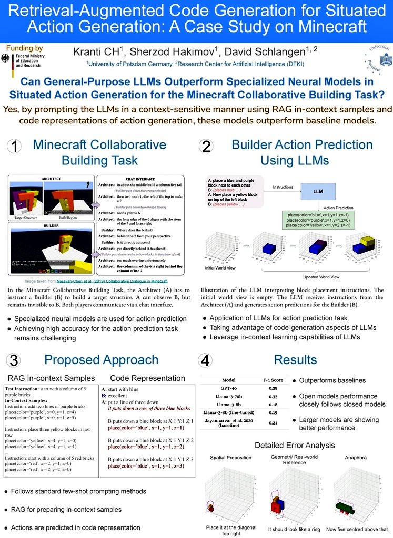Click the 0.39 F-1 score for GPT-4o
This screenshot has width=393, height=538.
(x=274, y=388)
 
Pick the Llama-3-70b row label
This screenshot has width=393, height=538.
(x=229, y=397)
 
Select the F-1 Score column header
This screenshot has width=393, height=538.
(x=274, y=379)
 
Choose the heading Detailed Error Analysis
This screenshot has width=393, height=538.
(x=295, y=445)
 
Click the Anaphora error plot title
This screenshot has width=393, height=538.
(x=356, y=458)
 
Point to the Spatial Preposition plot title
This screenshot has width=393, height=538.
(x=231, y=458)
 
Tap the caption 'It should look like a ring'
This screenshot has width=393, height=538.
(x=294, y=530)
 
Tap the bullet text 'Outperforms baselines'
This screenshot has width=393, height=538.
(x=333, y=380)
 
